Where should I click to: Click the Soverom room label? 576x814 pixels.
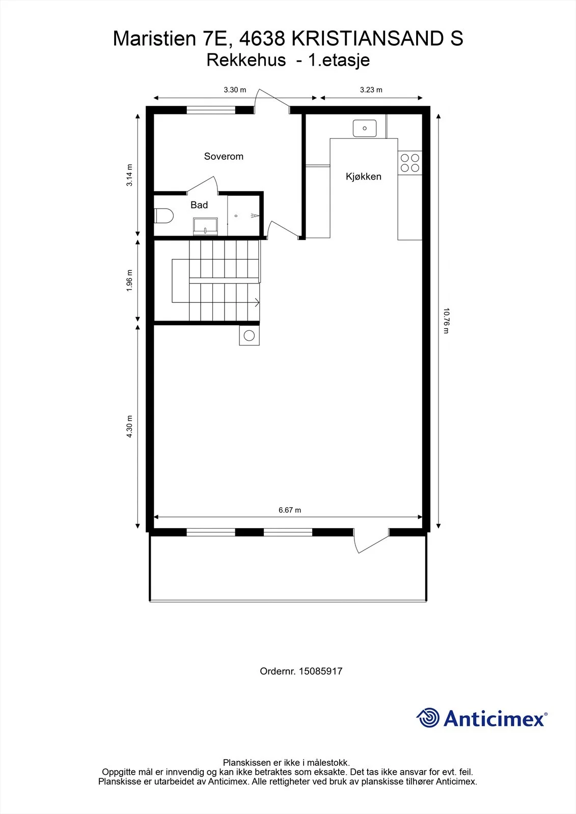(x=224, y=156)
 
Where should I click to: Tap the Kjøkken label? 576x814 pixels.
(x=364, y=177)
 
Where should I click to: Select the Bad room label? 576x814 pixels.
(x=199, y=205)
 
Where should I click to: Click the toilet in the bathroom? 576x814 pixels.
(x=163, y=216)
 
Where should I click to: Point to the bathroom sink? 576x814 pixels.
(x=205, y=226)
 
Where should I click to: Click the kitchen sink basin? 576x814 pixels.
(x=365, y=128)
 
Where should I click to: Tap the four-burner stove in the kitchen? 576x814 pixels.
(x=409, y=163)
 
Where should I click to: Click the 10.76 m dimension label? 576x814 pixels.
(x=447, y=321)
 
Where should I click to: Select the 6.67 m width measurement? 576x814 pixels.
(x=290, y=510)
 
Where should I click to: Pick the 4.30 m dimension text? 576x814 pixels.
(x=129, y=426)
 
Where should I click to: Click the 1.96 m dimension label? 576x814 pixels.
(x=129, y=280)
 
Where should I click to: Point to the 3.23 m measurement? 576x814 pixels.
(x=371, y=90)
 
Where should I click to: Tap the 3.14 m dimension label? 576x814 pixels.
(x=129, y=175)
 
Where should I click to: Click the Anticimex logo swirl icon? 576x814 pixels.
(x=427, y=717)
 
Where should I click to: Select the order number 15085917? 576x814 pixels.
(x=320, y=671)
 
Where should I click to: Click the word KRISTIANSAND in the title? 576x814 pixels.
(x=369, y=39)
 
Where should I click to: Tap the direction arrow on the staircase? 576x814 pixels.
(x=257, y=302)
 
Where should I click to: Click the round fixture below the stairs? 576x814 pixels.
(x=249, y=335)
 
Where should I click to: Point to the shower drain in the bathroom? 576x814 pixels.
(x=236, y=216)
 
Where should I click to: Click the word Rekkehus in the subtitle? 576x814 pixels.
(x=246, y=61)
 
